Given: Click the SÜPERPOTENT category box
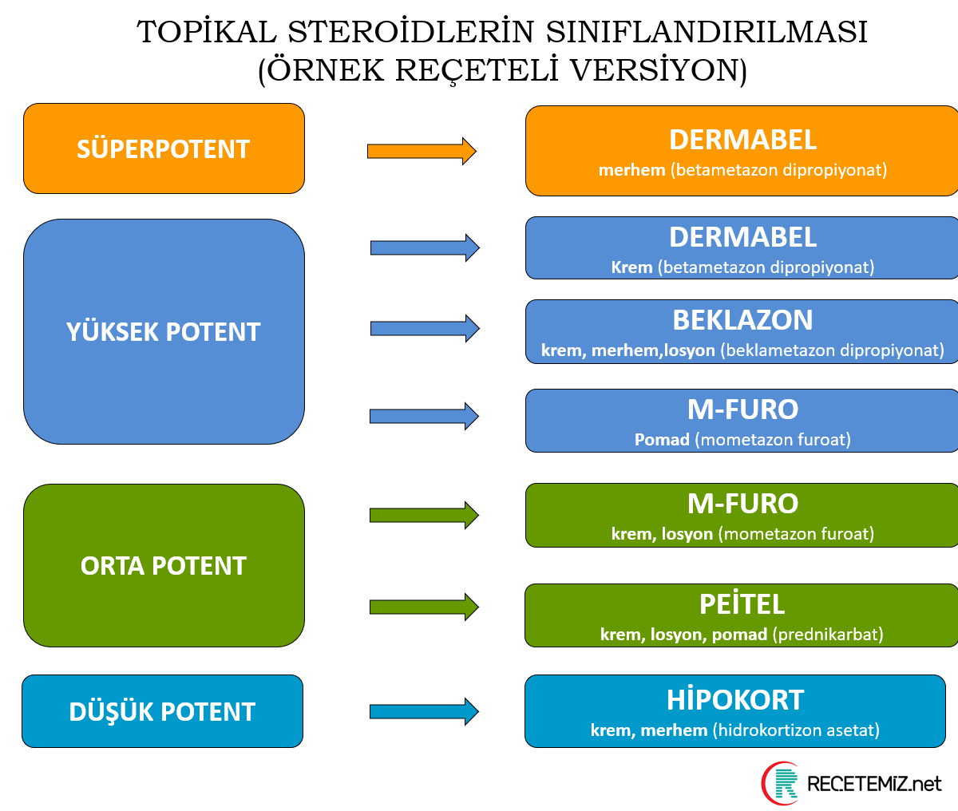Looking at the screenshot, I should tap(164, 149).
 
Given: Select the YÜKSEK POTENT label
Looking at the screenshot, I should tap(164, 332).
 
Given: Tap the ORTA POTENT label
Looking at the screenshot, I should tap(164, 566).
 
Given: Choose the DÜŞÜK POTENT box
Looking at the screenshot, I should tap(162, 712).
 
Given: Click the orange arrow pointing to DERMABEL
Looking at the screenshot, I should tap(422, 151).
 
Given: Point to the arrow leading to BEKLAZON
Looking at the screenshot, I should tap(424, 328).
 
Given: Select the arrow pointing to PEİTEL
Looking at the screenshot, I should tap(423, 607).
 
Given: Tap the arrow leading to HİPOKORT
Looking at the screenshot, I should tap(423, 710).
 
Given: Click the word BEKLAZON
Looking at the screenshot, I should tap(742, 320).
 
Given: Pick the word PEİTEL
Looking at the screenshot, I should tap(742, 604).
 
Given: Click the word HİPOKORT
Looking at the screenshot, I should tap(735, 700).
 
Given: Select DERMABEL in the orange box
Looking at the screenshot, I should tap(742, 140).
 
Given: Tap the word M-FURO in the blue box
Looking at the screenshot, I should tap(742, 409).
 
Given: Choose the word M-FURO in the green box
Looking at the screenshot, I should tap(742, 504).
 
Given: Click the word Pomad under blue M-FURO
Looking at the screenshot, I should tap(662, 440).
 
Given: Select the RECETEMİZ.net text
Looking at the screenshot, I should tap(874, 784).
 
